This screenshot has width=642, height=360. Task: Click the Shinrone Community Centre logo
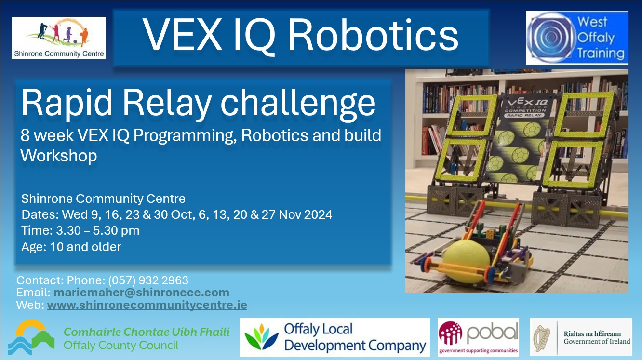59,38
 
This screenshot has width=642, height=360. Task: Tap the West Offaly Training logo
576,38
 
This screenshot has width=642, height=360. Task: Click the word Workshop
58,156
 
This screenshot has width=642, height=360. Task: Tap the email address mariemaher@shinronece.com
141,293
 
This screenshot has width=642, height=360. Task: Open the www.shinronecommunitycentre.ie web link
147,305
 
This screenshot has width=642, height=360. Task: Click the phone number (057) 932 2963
148,280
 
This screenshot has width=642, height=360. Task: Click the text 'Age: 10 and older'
71,247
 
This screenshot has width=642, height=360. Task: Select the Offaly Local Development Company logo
334,337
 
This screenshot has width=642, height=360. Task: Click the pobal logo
478,337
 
